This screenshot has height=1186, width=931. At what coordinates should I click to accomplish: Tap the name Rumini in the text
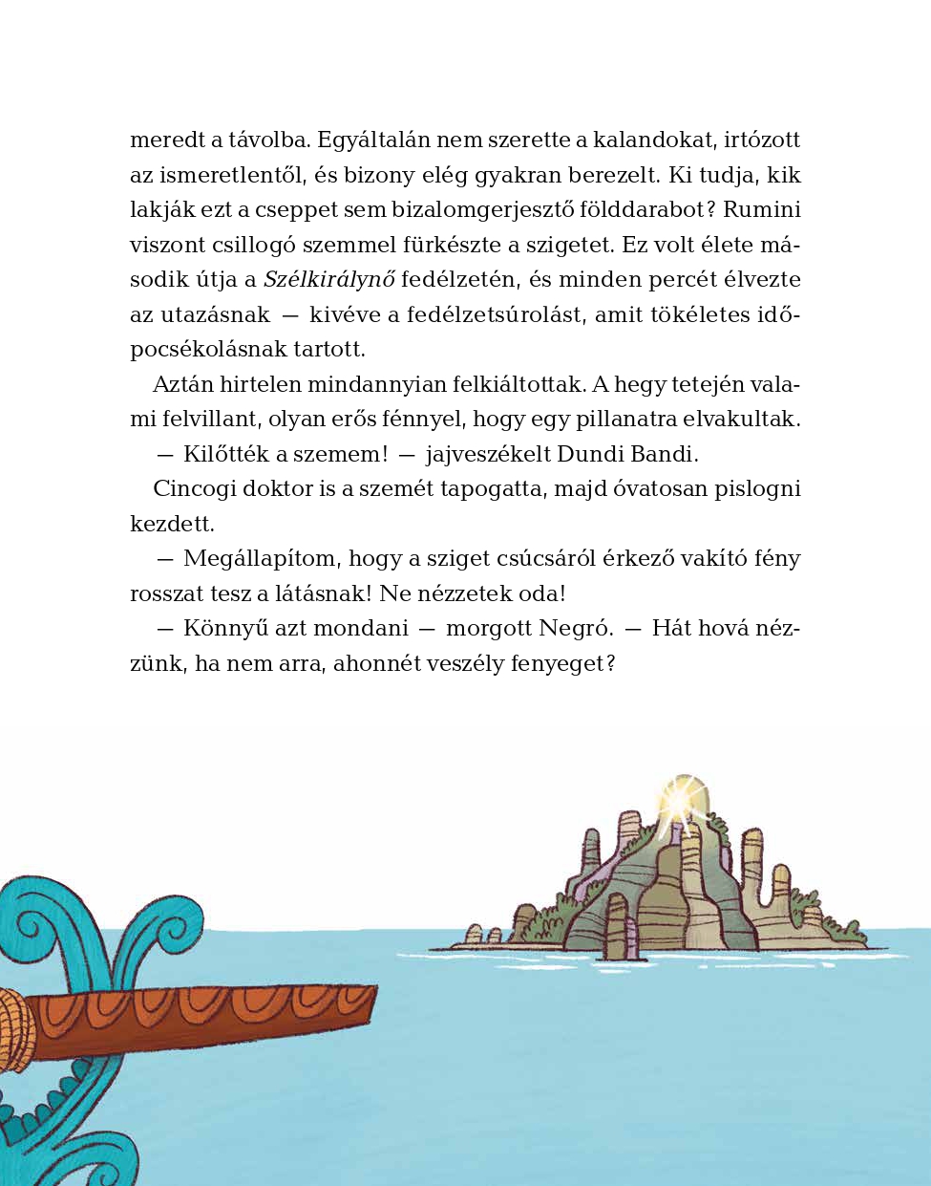point(764,210)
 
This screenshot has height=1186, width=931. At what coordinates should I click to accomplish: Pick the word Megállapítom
point(260,559)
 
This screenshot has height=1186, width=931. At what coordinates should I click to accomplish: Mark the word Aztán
point(182,385)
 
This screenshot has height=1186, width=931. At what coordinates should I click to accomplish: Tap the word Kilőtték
point(225,454)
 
